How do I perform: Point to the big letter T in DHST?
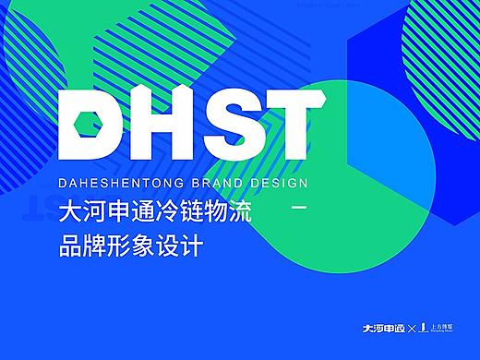tap(279, 124)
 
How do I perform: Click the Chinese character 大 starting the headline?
tap(70, 213)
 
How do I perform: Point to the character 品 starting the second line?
tap(70, 248)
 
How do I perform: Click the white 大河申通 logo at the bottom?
tap(388, 327)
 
